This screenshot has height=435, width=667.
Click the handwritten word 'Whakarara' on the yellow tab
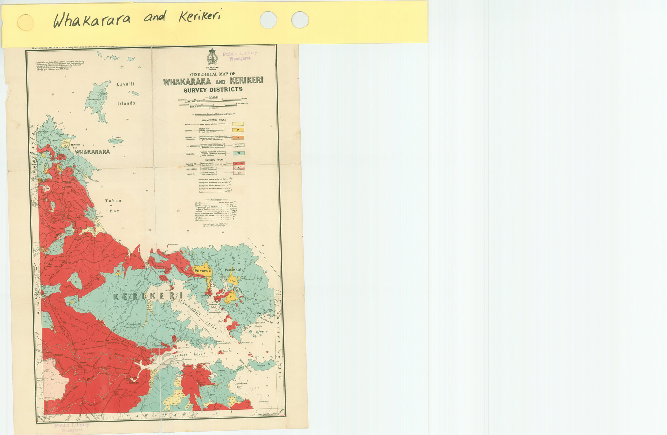91,20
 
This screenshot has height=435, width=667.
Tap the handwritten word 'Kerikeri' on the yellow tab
200,15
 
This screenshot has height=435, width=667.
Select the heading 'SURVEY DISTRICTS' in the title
213,90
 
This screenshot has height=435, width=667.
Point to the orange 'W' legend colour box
238,138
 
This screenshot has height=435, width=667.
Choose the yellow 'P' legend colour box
238,130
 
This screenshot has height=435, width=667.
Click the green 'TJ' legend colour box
238,153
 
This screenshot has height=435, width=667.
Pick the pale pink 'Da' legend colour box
239,173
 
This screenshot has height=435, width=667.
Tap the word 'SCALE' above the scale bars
213,97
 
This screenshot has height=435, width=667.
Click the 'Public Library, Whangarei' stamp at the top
240,55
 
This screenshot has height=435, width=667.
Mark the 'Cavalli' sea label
125,84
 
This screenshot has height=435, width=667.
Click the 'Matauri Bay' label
75,146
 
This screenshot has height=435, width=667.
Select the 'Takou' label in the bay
113,201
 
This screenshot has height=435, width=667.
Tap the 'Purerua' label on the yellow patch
203,271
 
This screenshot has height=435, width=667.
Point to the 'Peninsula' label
234,270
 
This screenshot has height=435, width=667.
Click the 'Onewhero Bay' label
240,385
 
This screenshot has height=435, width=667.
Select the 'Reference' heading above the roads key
216,199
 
